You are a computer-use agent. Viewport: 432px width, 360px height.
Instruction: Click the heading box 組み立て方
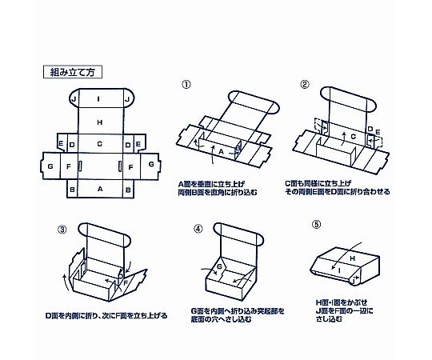pos(73,72)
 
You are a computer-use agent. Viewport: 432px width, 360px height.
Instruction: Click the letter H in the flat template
pos(100,122)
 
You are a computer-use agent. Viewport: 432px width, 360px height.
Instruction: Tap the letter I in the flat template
pos(98,99)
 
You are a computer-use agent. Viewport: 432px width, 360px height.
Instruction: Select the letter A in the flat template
pos(100,189)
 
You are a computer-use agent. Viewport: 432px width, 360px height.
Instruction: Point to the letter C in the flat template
pos(100,144)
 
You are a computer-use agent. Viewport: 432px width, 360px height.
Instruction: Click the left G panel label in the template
pos(50,166)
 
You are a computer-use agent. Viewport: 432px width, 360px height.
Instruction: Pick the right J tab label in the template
pos(127,99)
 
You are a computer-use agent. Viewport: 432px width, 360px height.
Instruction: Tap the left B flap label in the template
pos(72,190)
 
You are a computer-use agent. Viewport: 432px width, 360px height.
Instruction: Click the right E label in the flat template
pos(138,144)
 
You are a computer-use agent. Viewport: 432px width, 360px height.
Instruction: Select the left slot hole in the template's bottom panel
pos(81,166)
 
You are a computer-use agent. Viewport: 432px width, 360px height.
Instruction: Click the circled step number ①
pos(186,85)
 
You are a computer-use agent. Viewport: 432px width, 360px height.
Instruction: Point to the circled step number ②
pos(305,84)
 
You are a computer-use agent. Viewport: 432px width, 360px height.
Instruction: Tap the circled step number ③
pos(62,229)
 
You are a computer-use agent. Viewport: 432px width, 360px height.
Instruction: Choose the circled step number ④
pos(198,229)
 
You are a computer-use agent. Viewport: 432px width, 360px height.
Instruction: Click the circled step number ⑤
pos(317,225)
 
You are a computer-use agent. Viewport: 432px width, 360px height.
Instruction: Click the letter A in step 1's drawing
pos(221,151)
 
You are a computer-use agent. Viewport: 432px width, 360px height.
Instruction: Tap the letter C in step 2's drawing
pos(354,136)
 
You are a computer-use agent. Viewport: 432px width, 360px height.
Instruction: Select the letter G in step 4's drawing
pos(219,266)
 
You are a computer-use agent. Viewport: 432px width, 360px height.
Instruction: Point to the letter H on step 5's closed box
pos(352,258)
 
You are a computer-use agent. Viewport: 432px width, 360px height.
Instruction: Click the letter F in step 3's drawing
pos(126,282)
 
